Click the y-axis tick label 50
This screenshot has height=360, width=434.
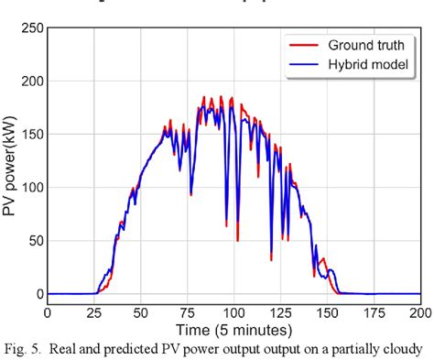point(36,241)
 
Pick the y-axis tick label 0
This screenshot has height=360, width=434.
point(39,294)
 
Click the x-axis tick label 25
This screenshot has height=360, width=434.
point(96,312)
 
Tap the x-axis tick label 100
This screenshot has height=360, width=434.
point(235,312)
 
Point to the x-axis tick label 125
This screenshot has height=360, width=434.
point(282,312)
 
